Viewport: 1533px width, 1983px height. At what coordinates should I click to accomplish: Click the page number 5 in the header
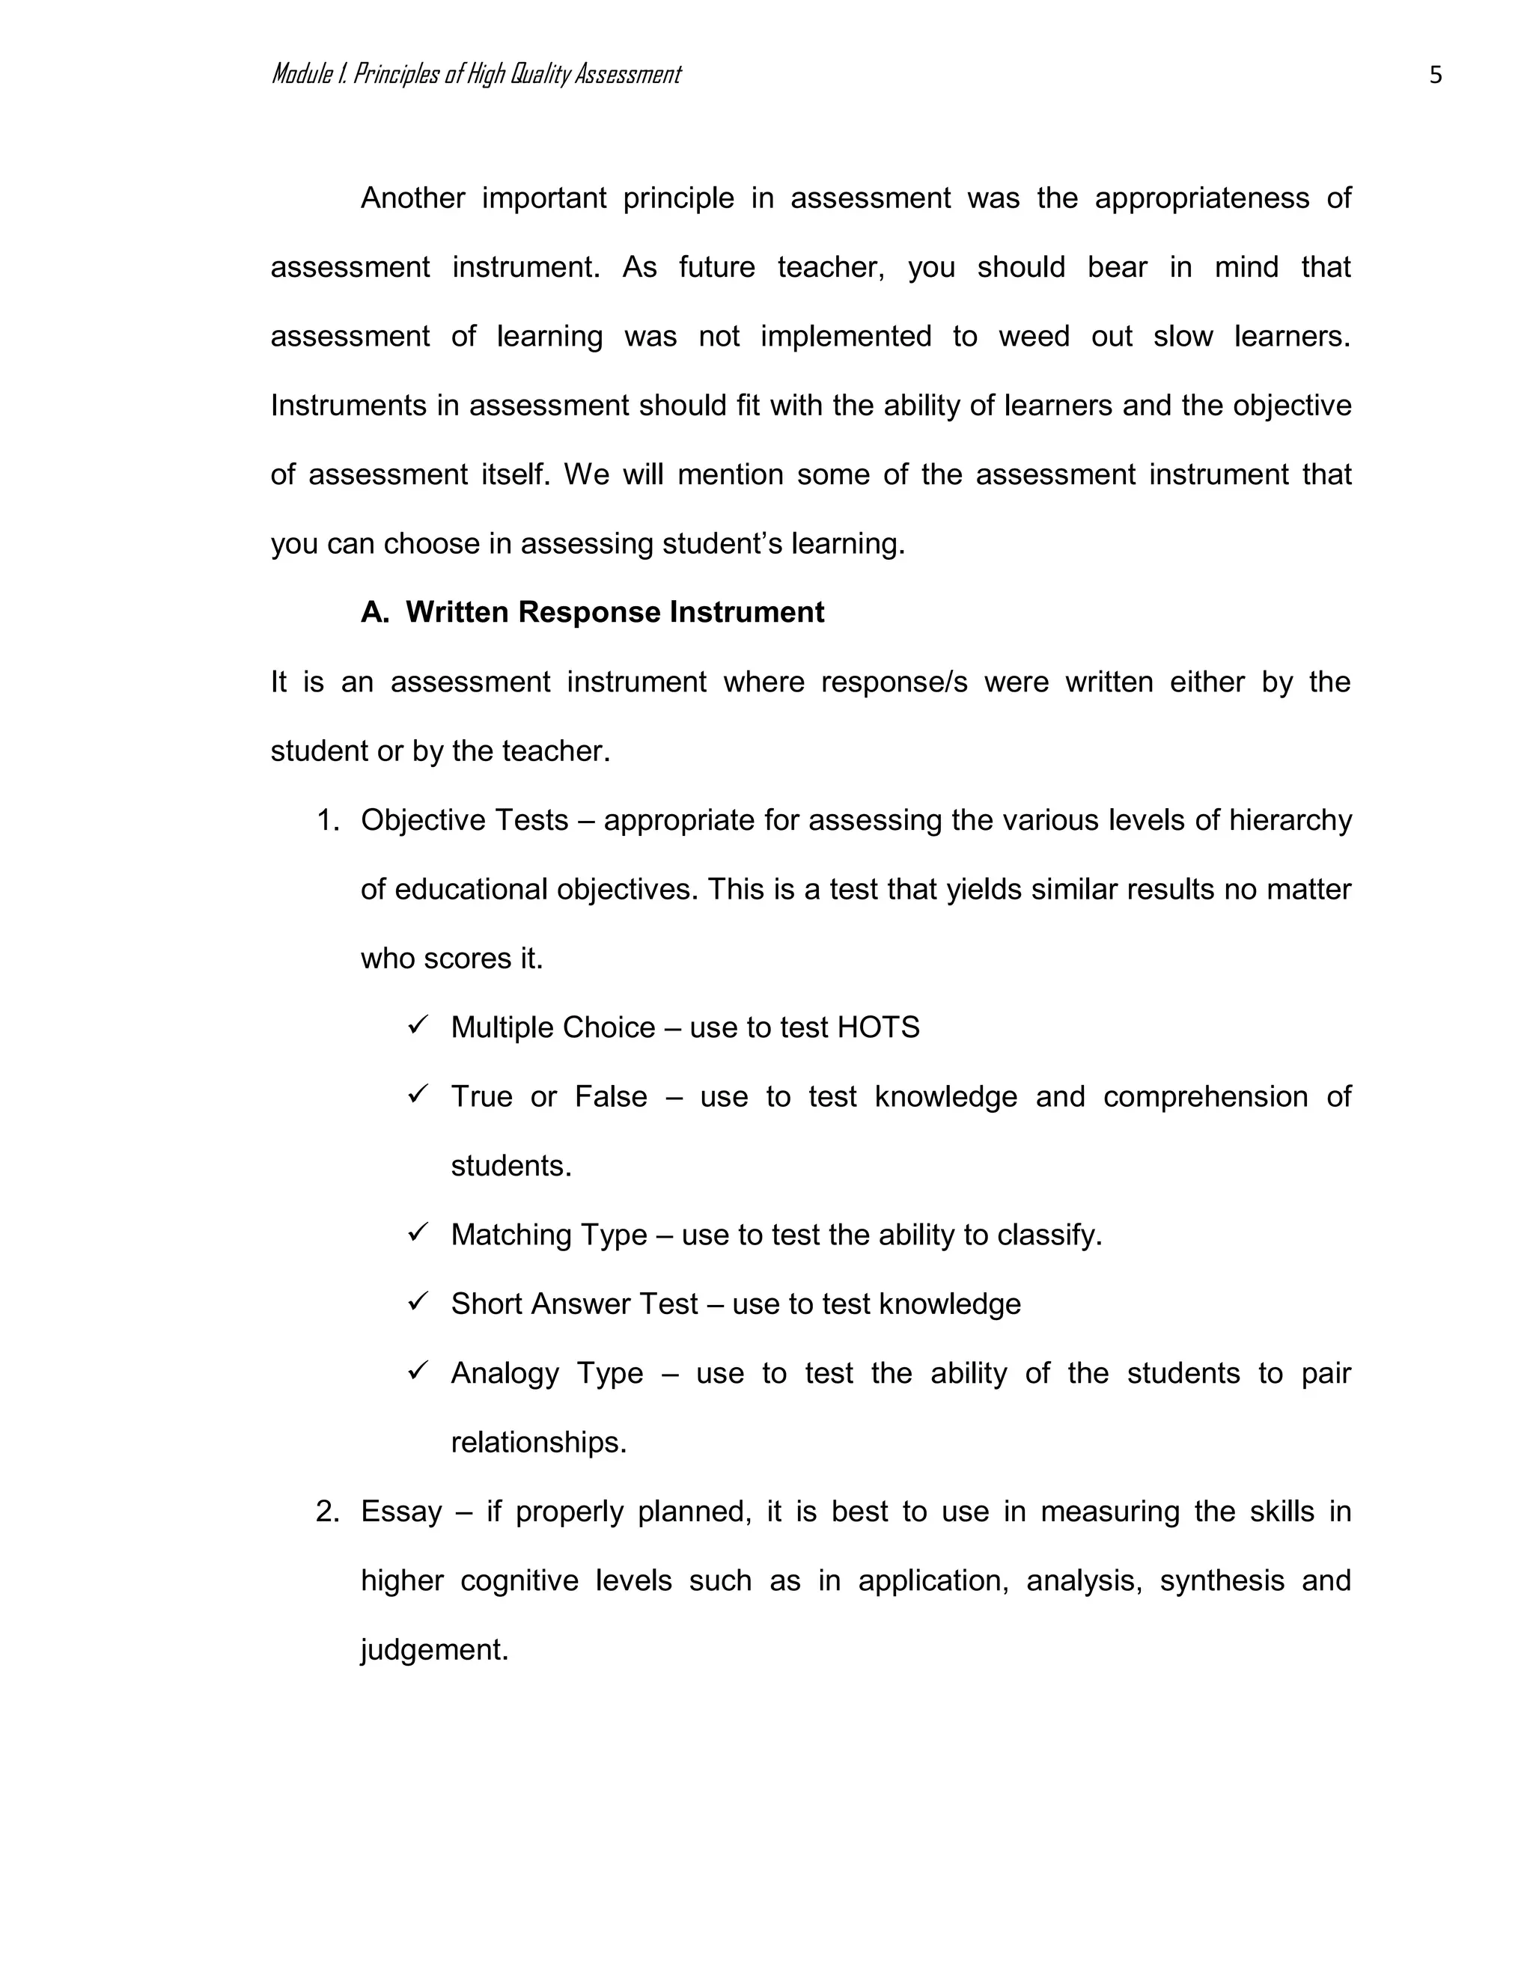[1435, 74]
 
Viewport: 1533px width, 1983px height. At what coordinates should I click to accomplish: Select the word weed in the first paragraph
[1026, 336]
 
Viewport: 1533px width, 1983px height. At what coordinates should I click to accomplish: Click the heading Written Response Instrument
[615, 612]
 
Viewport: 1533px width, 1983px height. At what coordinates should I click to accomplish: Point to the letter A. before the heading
[374, 612]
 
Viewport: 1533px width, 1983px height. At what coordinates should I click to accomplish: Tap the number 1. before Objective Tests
[328, 820]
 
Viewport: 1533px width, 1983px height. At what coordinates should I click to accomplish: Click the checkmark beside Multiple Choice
[418, 1025]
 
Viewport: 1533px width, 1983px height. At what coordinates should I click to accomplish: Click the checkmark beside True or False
[418, 1094]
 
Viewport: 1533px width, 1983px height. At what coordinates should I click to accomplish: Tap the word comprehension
[1205, 1097]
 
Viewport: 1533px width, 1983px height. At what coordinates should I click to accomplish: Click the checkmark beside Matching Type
[418, 1232]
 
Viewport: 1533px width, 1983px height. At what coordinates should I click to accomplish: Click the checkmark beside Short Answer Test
[418, 1301]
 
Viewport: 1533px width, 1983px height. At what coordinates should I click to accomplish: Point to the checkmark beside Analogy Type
[418, 1370]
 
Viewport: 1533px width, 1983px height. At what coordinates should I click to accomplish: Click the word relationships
[538, 1442]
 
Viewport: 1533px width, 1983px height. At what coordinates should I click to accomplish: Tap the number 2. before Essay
[328, 1511]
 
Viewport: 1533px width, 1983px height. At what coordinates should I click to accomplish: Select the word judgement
[434, 1650]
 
